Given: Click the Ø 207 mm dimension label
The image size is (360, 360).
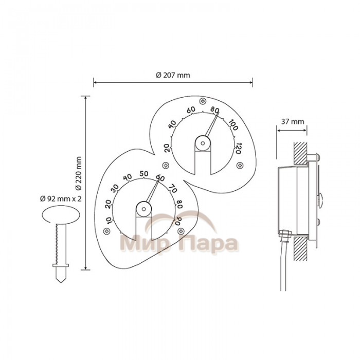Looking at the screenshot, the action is [173, 75].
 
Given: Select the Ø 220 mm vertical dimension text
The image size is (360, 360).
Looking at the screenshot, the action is [79, 173].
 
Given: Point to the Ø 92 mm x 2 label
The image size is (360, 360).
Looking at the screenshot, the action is [61, 199].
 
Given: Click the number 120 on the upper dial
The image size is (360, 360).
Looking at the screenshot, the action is [238, 149].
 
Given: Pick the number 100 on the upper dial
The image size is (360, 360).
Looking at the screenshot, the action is [233, 125].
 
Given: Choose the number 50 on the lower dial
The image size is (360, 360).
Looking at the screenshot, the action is [144, 174].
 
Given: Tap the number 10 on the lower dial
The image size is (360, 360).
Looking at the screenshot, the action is [110, 221].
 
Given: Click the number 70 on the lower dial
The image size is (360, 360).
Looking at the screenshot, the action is [173, 188].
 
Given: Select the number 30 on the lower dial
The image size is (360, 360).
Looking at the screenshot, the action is [115, 188].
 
